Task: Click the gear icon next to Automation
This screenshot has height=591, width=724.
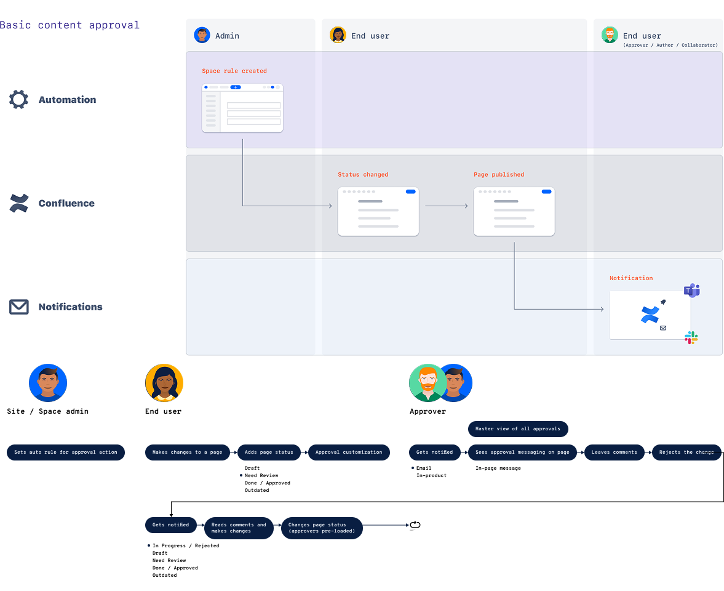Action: (x=18, y=100)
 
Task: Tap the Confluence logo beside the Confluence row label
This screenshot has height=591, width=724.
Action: (x=19, y=203)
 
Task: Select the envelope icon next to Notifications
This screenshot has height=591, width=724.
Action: (x=19, y=307)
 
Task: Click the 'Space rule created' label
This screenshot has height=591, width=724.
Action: (x=234, y=71)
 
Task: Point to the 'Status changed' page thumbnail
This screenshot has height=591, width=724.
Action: (x=378, y=212)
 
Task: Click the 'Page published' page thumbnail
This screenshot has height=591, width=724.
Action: (x=514, y=212)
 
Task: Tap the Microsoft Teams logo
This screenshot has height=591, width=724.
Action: (x=692, y=291)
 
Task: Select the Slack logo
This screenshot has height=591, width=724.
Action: (x=691, y=337)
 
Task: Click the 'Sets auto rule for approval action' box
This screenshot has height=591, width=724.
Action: (x=66, y=452)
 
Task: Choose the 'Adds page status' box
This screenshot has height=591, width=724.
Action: (x=269, y=452)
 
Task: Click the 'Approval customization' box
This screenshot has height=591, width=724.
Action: (x=349, y=452)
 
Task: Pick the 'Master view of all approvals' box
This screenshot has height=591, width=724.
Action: (x=517, y=429)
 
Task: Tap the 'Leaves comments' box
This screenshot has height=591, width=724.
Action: (x=614, y=452)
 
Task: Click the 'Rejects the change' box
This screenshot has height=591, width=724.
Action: (x=686, y=452)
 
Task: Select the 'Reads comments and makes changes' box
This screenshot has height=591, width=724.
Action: (x=239, y=528)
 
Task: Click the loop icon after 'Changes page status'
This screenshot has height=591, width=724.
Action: (x=415, y=525)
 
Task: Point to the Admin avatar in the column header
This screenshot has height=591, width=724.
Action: (x=202, y=35)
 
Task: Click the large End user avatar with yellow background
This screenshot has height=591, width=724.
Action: (x=164, y=383)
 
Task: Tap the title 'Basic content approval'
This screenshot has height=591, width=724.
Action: (x=70, y=25)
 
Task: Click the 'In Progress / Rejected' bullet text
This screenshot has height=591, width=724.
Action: (x=185, y=545)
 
